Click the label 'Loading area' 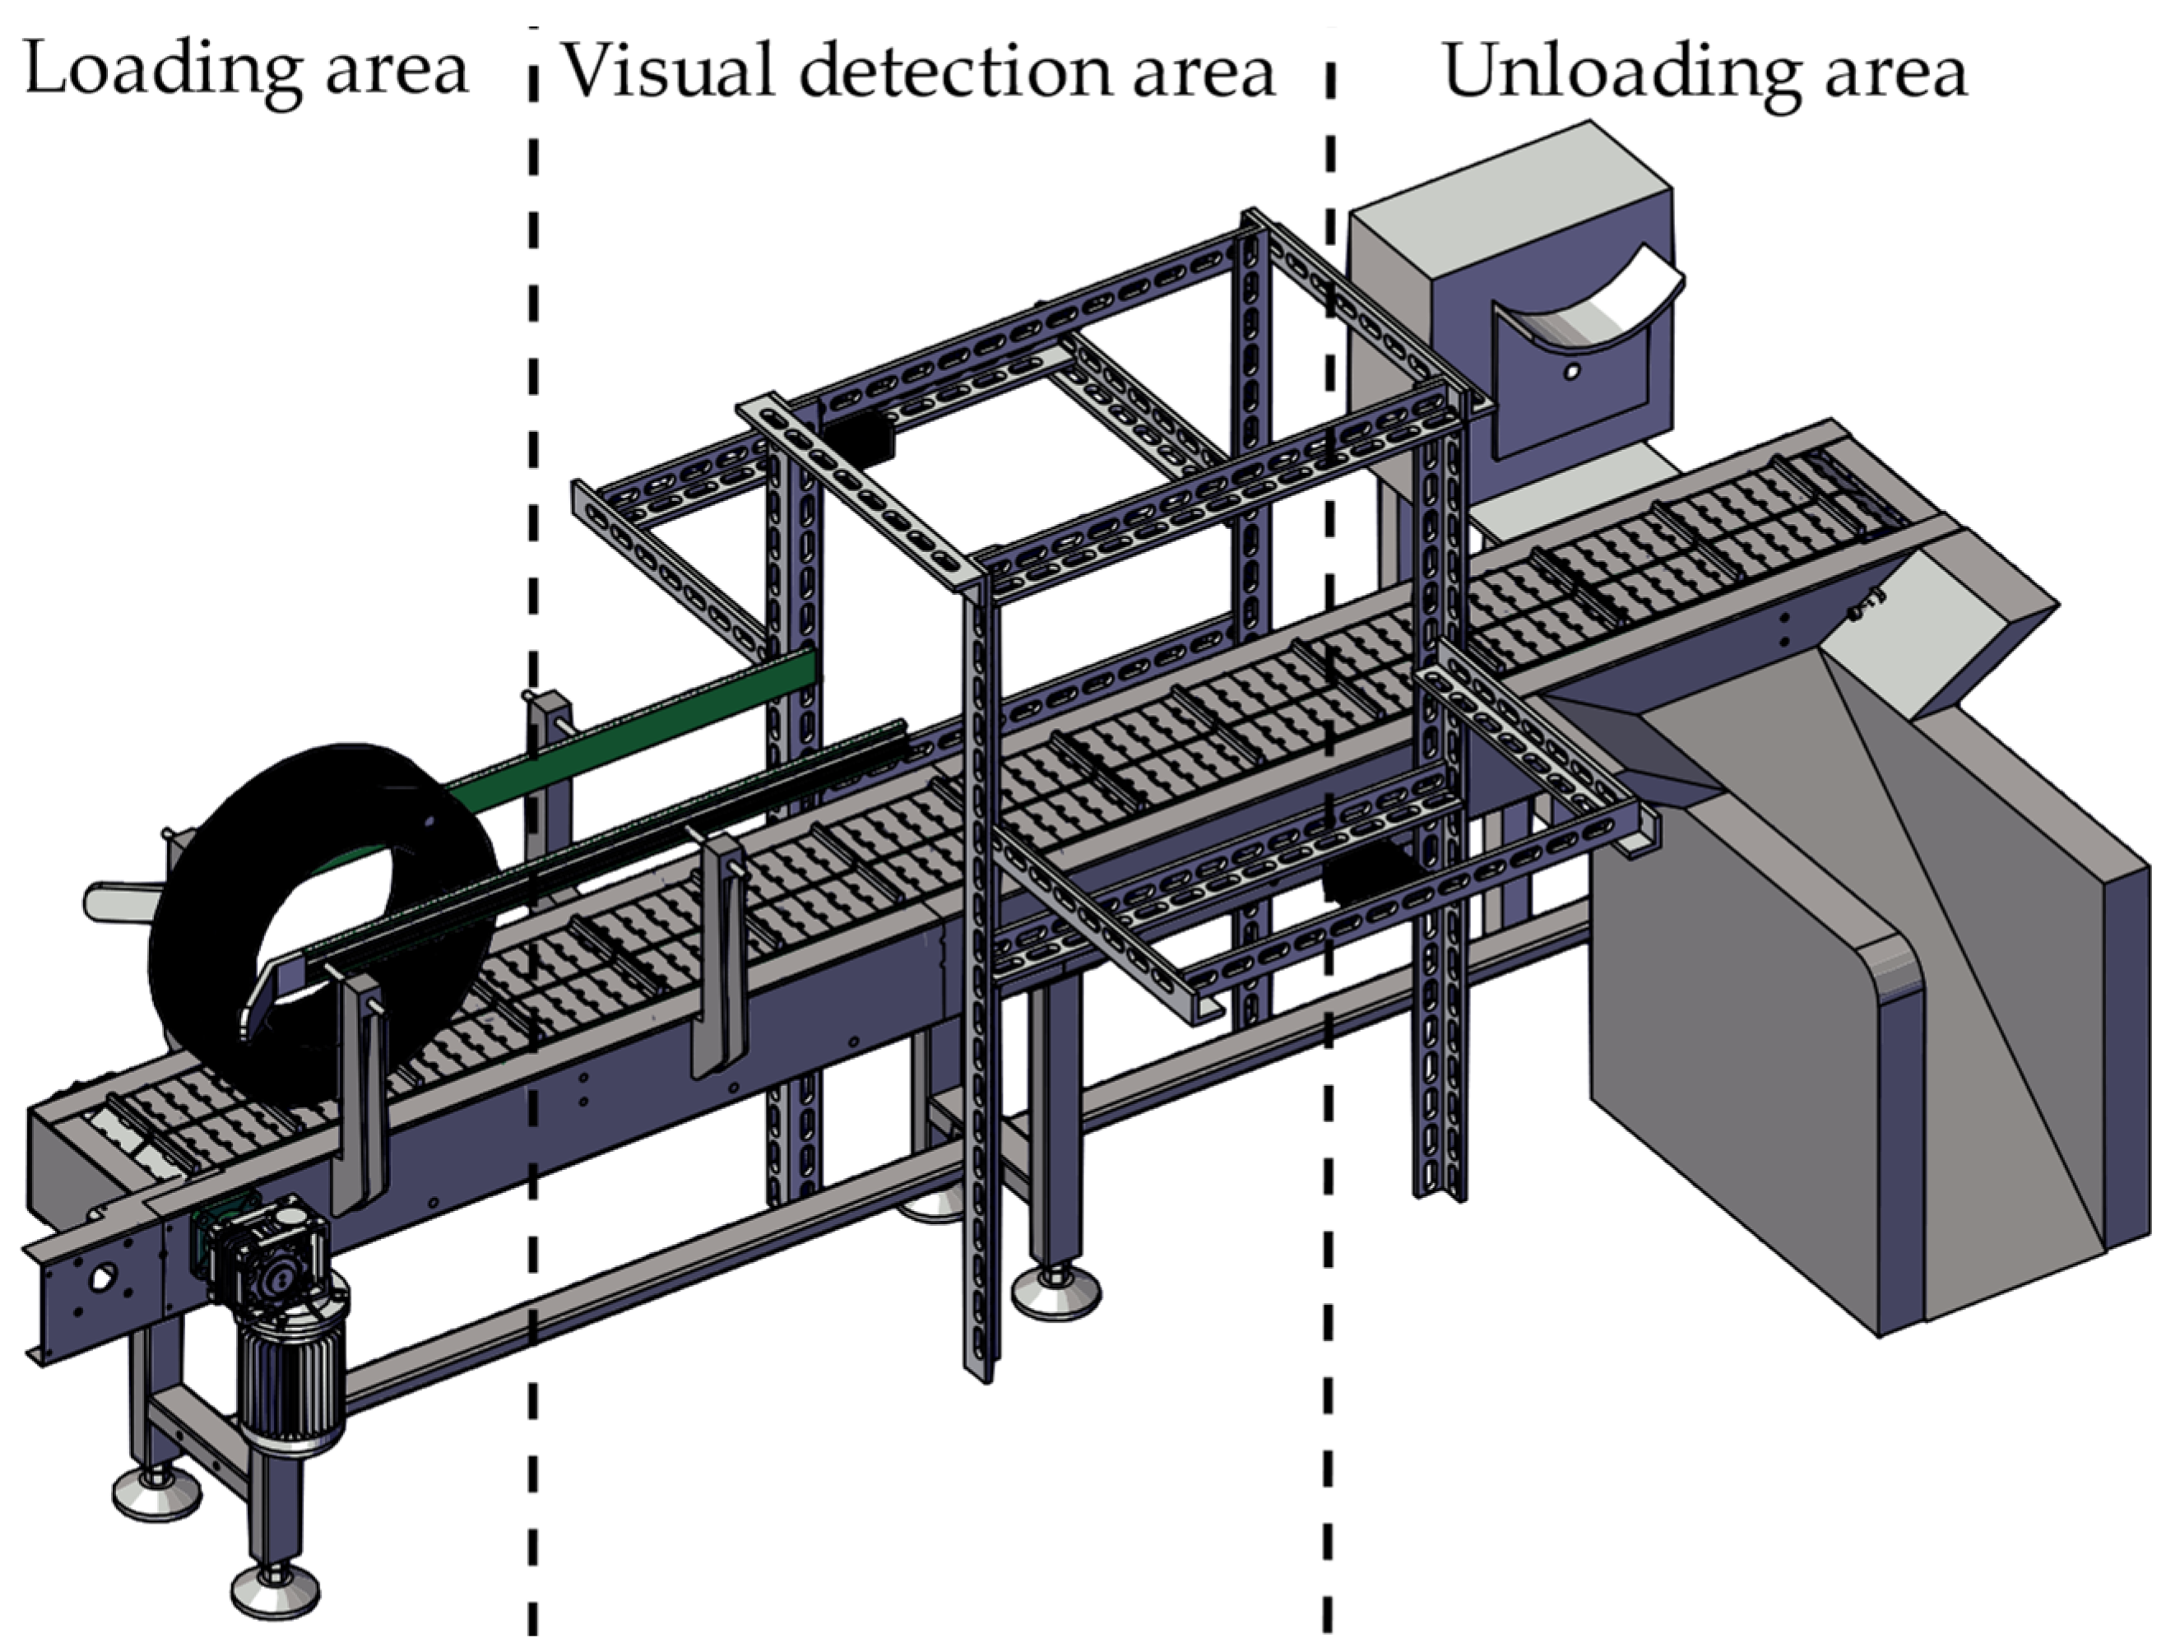coord(246,71)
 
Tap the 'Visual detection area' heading coord(916,71)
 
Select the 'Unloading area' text coord(1704,71)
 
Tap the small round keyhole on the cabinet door coord(1571,372)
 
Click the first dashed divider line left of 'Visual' coord(533,787)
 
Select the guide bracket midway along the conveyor coord(721,954)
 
